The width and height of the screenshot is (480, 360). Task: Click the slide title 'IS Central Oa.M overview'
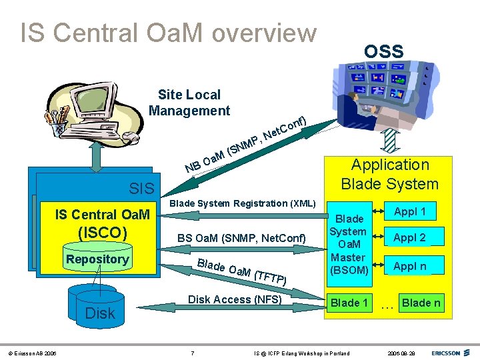(x=168, y=33)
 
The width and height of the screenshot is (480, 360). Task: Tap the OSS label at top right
(x=383, y=51)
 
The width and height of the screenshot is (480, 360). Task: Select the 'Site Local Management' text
(x=189, y=103)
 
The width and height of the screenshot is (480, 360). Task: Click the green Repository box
(x=97, y=259)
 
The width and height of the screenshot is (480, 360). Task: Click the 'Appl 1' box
(x=410, y=212)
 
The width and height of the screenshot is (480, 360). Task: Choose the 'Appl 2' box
(x=410, y=237)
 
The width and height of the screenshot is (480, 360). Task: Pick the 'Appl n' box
(x=410, y=266)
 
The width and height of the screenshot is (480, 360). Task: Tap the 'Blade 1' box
(x=350, y=303)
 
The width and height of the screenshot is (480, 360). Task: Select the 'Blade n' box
(x=421, y=303)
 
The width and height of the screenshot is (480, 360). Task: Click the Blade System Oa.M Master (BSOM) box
(x=350, y=244)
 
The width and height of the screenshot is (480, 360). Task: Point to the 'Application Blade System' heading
(x=390, y=174)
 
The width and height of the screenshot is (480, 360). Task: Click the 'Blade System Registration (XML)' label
(x=243, y=203)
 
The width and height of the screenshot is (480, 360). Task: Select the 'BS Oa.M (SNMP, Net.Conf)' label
(x=241, y=238)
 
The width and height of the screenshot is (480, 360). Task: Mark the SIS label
(x=141, y=189)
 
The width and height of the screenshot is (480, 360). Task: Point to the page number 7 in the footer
(x=193, y=352)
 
